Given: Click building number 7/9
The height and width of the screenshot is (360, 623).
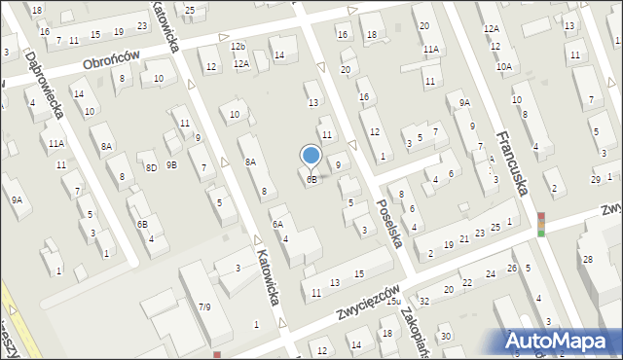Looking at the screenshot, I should (x=204, y=307).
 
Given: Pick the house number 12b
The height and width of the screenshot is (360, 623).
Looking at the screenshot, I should (x=238, y=46).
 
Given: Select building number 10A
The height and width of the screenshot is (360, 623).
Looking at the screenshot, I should (x=504, y=66).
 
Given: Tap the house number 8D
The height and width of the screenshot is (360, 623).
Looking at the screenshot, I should (x=151, y=167).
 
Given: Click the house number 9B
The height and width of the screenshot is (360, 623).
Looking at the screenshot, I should (x=171, y=164).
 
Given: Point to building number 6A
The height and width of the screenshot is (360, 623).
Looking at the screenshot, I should (x=277, y=225).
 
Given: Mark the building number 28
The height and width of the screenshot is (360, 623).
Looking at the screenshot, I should (x=587, y=259).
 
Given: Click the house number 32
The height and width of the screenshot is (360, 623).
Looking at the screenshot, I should (x=424, y=301).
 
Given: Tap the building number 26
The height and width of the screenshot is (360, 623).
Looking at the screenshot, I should (x=512, y=268).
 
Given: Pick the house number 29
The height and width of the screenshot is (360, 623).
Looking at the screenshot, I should (x=596, y=180).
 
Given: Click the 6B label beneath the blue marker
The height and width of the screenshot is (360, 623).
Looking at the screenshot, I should (x=311, y=180).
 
